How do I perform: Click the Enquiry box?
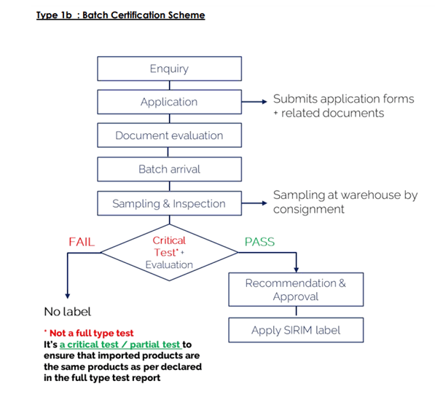pos(169,68)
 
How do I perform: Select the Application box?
pos(169,102)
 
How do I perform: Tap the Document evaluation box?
pos(169,135)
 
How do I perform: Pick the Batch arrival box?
pos(169,169)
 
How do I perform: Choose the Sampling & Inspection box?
pos(169,203)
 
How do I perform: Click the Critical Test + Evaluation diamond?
pos(169,253)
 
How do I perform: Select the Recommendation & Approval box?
pos(296,289)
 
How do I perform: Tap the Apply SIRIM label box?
pos(296,330)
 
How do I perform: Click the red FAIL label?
pos(82,242)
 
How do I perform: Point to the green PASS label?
pos(259,242)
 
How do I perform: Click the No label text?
pos(68,312)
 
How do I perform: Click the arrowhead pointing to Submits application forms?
pos(264,102)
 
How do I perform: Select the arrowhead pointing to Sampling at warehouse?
pos(264,203)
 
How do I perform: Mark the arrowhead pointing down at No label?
pos(68,296)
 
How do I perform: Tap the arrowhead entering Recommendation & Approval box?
pos(297,270)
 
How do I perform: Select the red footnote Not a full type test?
pos(89,333)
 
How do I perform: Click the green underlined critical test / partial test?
pos(121,345)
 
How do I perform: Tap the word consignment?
pos(308,210)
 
